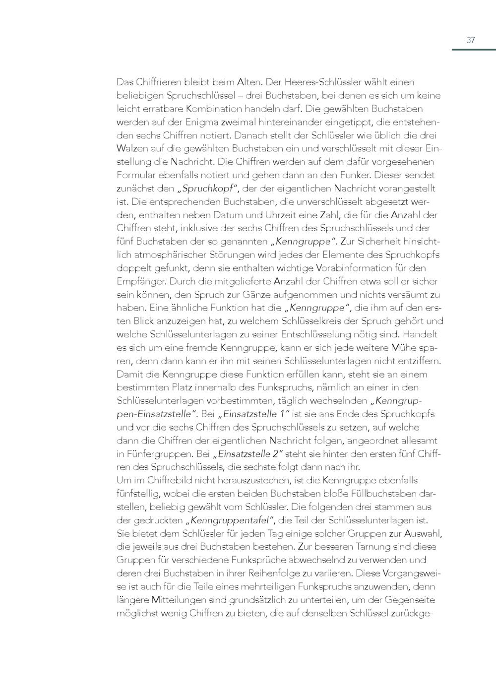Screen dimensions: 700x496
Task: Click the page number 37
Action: pos(471,40)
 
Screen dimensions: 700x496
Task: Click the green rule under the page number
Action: pos(473,50)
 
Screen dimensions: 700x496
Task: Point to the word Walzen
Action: pos(130,148)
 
